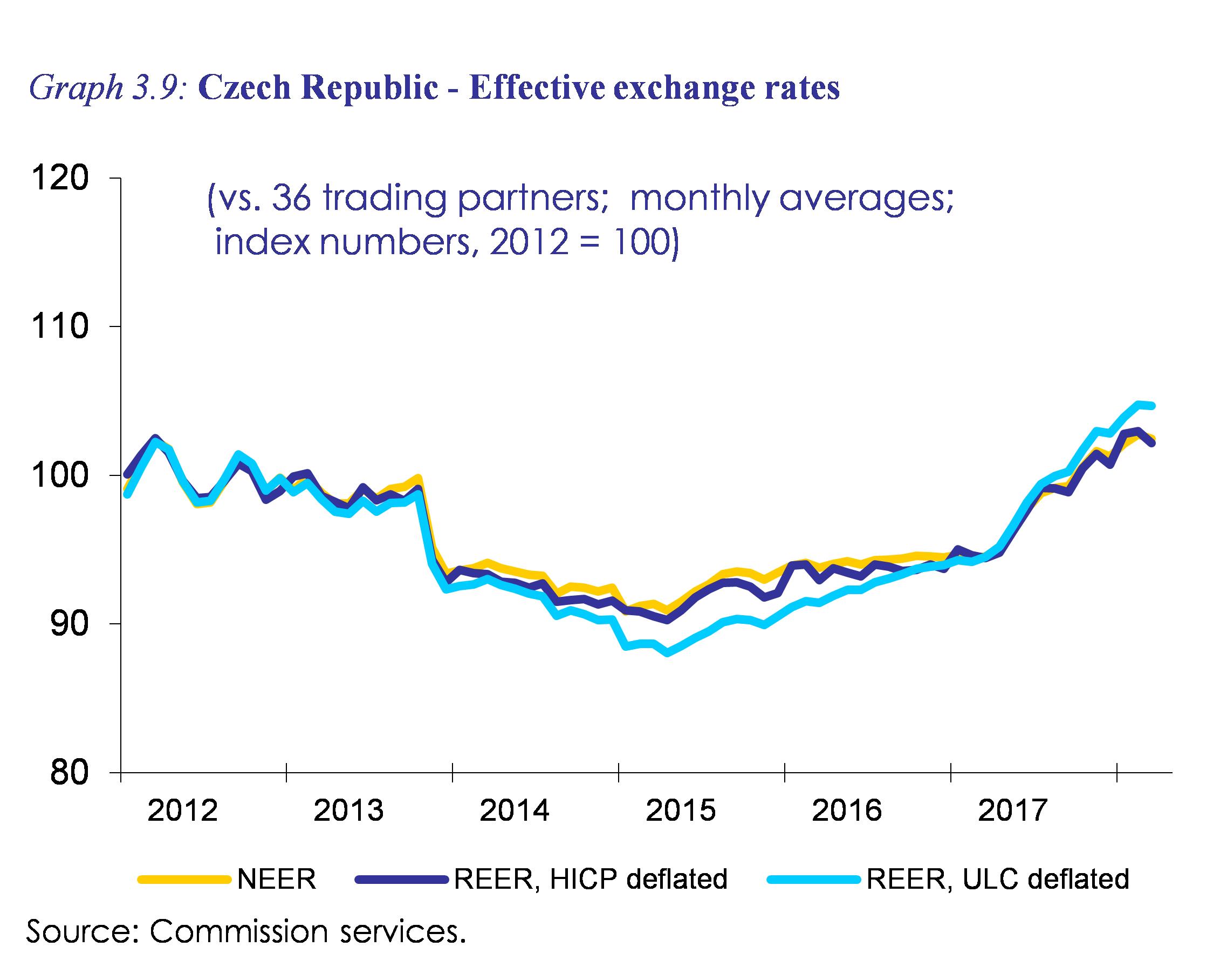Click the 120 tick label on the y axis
[60, 179]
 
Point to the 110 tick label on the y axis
[60, 327]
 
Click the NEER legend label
[277, 879]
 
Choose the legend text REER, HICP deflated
[591, 879]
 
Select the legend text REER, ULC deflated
[998, 879]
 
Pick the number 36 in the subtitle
[290, 197]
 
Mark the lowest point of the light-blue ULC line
[668, 653]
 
